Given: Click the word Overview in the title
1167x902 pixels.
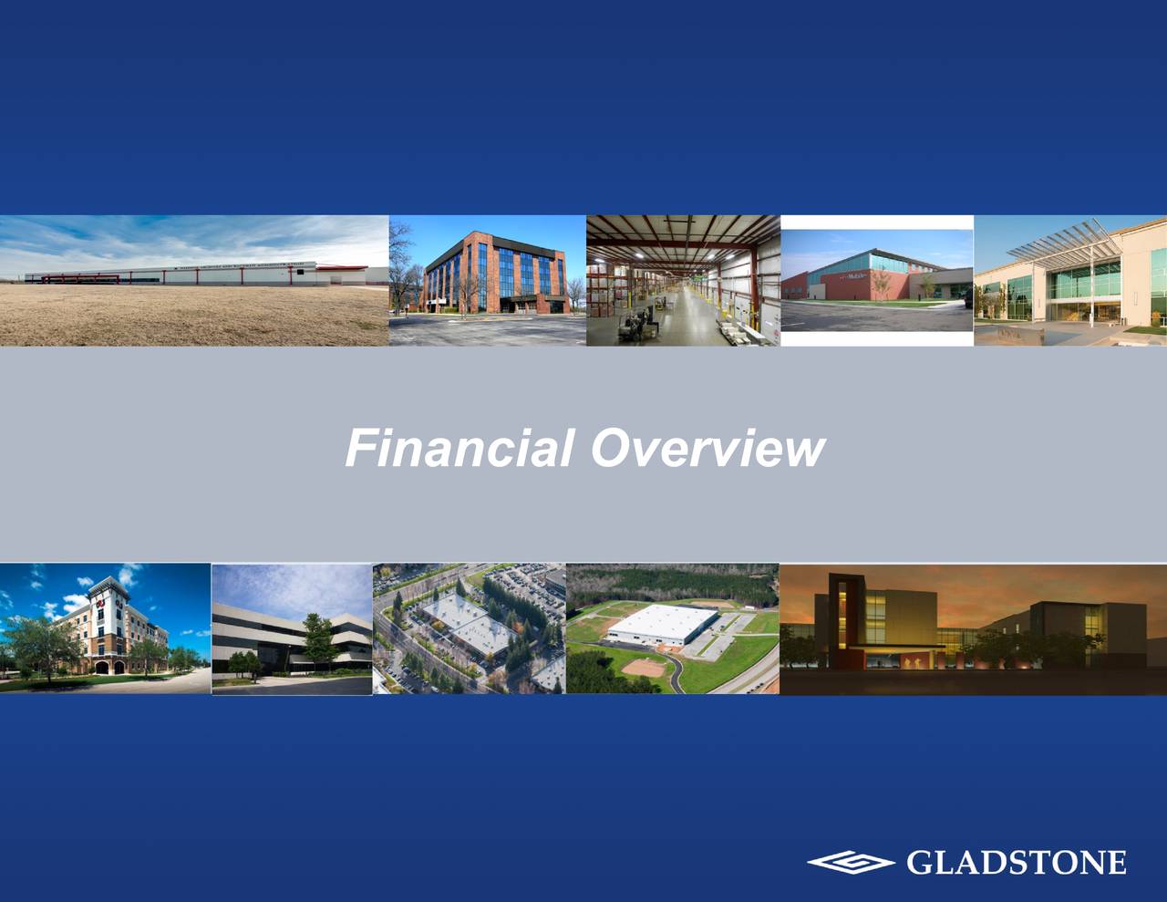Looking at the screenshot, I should (x=707, y=449).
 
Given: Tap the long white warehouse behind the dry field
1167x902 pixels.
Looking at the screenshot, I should (x=182, y=272).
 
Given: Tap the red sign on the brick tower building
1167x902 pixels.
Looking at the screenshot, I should (x=99, y=598).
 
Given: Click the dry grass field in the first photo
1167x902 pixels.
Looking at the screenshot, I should (x=182, y=315).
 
